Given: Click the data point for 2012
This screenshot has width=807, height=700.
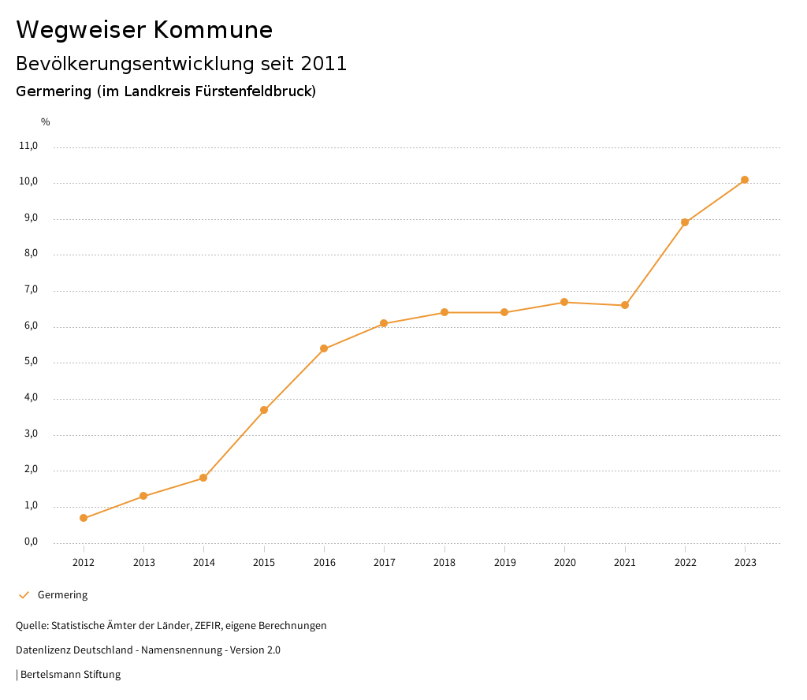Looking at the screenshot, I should (84, 518).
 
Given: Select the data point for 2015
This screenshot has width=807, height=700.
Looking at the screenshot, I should (264, 410).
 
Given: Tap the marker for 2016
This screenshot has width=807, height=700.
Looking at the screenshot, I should (324, 348).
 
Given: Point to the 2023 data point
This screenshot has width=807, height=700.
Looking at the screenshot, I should (745, 180).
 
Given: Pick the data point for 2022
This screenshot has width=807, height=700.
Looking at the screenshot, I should (685, 222).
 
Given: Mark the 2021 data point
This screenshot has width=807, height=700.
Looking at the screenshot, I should (625, 305).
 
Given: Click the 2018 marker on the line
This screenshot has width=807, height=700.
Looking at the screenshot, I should (444, 312).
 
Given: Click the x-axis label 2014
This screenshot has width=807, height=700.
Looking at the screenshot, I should (204, 563).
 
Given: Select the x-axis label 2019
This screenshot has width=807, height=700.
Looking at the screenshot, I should (504, 563).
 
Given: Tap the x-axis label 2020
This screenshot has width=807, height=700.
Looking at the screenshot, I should (565, 563).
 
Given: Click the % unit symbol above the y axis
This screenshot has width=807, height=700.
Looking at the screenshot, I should (46, 122).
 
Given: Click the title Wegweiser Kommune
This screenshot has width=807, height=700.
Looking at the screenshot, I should (144, 30).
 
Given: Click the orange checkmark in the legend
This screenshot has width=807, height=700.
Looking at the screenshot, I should (24, 595).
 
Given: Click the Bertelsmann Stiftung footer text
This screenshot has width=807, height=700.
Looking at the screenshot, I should (70, 675).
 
